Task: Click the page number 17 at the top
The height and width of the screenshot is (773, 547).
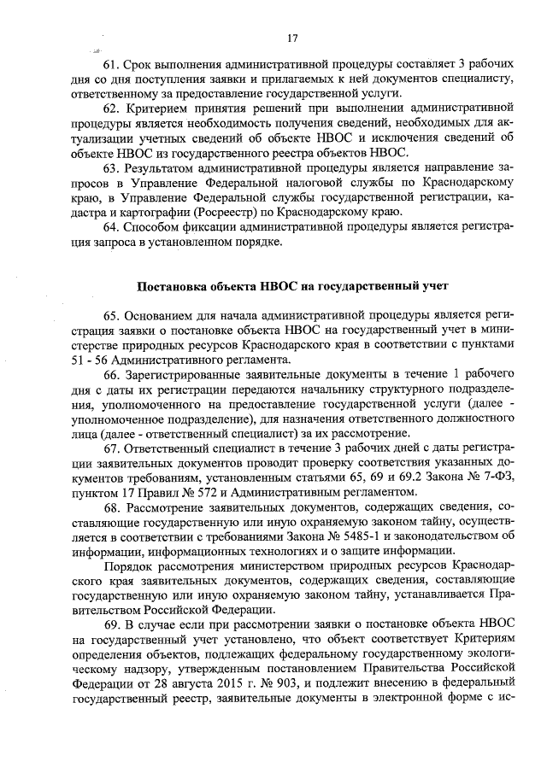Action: [292, 38]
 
